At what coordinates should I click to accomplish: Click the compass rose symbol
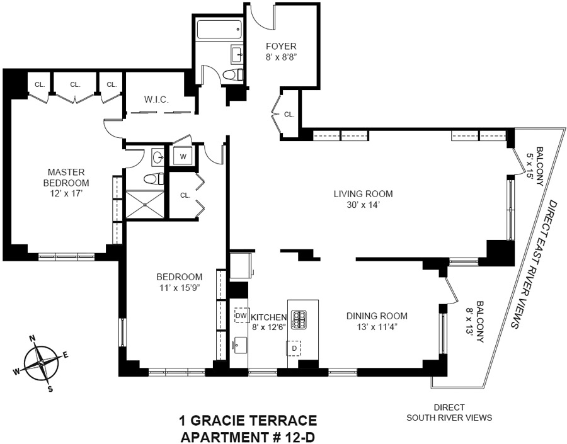41,363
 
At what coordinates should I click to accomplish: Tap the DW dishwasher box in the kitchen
241,316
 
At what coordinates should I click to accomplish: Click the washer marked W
183,157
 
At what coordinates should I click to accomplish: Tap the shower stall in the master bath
145,204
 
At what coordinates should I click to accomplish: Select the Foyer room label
281,46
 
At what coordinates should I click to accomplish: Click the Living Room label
363,194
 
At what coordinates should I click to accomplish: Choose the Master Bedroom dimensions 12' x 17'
67,193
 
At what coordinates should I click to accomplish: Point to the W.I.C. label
157,100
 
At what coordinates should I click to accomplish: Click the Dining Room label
377,316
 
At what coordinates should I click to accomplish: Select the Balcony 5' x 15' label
534,166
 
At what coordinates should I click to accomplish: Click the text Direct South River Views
449,413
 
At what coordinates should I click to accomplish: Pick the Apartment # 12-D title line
248,437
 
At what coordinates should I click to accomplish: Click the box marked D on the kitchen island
294,348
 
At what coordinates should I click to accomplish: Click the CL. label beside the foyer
289,115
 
